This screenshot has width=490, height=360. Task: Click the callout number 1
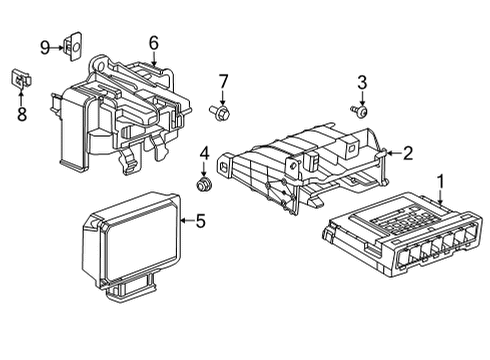point(440,181)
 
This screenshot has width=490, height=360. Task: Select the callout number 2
point(407,153)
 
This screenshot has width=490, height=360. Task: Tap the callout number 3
point(363,82)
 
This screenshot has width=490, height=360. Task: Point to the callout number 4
point(204,153)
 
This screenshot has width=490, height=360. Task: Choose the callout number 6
point(154,43)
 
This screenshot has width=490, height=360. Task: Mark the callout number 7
point(224,80)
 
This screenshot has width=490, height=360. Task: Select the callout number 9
point(45,46)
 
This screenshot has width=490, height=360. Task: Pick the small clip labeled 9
point(72,45)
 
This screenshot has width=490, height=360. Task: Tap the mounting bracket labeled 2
point(300,165)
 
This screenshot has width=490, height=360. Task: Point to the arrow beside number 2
point(393,153)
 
